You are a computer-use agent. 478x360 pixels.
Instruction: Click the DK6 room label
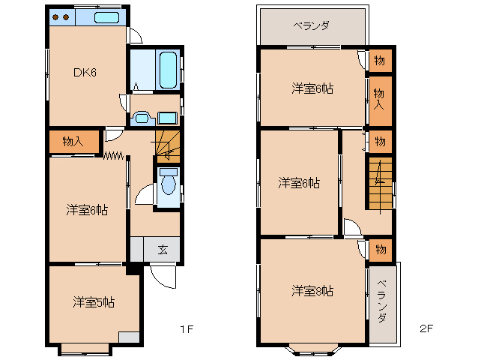pos(85,73)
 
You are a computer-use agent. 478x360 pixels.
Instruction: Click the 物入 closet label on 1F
pos(73,141)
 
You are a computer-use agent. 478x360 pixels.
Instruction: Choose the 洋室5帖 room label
pos(94,302)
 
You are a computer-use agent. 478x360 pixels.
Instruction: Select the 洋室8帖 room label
pos(312,290)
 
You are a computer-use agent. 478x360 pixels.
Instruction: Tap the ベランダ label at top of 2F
pos(311,25)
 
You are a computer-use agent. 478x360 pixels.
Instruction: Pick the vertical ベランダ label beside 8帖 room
pos(382,301)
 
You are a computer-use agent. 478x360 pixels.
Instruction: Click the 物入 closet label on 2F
pos(380,97)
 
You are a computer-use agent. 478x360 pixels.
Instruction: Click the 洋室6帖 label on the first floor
pos(86,211)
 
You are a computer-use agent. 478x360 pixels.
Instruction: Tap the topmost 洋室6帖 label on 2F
pos(312,88)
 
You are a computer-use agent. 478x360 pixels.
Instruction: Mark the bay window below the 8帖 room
pos(312,347)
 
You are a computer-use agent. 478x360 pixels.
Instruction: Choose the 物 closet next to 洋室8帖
pos(380,250)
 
